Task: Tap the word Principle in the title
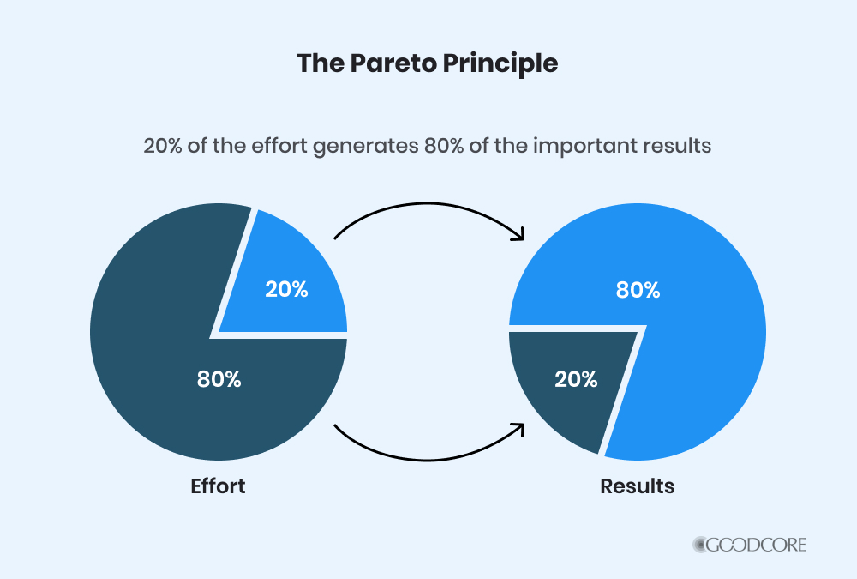coord(500,64)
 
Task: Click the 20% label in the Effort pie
coord(286,289)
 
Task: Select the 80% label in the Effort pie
coord(219,378)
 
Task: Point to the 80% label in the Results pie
coord(638,290)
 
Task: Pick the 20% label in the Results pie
coord(576,378)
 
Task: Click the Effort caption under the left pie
coord(218,486)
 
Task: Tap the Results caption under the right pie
coord(638,486)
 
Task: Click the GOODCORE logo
coord(749,545)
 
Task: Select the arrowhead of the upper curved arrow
coord(519,235)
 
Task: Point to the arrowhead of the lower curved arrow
coord(519,428)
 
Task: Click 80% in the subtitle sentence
coord(444,146)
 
